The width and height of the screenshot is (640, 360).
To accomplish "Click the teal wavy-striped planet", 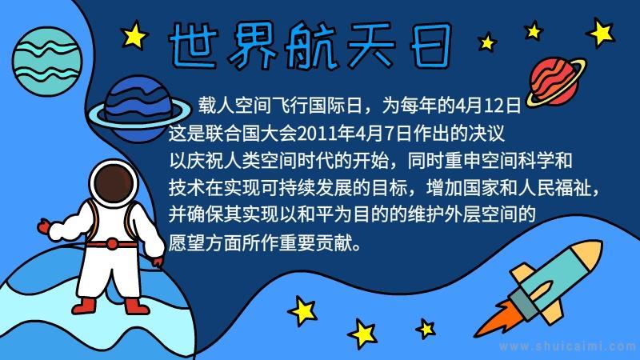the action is click(47, 62).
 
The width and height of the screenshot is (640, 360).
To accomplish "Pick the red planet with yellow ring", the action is click(555, 82).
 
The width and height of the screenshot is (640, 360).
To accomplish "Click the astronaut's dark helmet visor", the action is click(114, 183).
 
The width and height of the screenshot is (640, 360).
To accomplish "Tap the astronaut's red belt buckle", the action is click(112, 245).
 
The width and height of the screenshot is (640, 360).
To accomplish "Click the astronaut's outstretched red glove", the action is click(44, 226).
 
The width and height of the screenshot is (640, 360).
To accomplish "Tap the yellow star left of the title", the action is click(134, 35).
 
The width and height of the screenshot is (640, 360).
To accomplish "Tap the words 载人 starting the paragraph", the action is click(216, 106).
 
